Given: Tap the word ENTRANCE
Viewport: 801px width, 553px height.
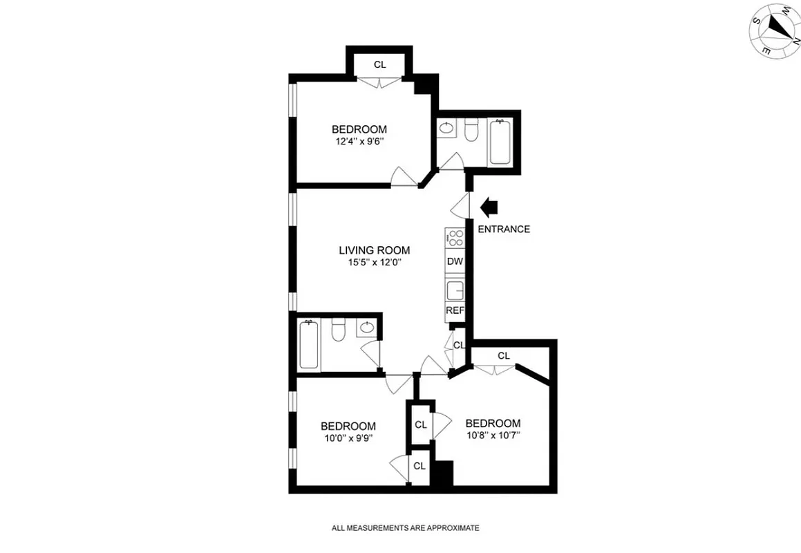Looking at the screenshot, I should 504,229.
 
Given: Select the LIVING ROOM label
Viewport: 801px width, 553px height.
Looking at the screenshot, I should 374,250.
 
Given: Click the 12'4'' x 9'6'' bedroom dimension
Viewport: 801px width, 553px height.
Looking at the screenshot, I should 358,142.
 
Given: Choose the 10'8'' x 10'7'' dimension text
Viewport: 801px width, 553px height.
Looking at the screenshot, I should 492,435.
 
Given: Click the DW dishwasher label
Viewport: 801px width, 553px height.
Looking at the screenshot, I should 454,261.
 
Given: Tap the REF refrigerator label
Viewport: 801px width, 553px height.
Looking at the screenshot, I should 454,310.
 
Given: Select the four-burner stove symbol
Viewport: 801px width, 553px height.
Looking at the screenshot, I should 455,238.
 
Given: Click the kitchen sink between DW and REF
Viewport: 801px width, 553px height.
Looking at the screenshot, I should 455,289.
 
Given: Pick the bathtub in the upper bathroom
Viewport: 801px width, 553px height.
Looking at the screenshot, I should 500,142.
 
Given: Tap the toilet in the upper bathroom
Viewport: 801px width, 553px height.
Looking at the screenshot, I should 471,130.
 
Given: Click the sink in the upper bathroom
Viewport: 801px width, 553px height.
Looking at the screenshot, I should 446,129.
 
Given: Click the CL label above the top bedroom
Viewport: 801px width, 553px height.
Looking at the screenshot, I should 379,64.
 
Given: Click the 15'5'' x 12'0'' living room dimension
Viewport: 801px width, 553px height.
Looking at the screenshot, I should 374,263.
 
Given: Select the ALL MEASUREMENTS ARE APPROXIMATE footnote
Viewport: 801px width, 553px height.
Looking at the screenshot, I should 405,528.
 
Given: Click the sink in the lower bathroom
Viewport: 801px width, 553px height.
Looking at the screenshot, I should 368,328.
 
